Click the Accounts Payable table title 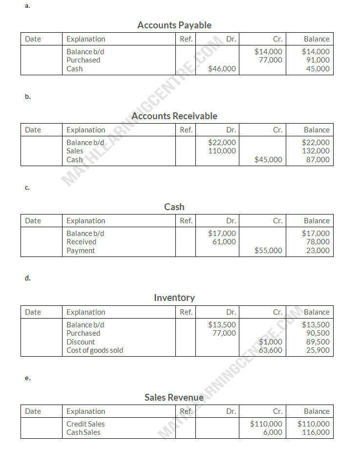174,25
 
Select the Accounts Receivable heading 174,116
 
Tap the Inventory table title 174,298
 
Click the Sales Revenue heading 174,397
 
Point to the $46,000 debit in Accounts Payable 222,69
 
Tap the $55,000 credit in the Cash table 268,251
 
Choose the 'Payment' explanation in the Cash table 81,251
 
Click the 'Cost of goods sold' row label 95,350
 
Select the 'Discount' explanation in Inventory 81,342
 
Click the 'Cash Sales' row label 83,432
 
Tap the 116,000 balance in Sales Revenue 316,432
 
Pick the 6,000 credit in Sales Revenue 273,432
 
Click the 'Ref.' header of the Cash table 186,221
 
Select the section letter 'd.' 28,278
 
